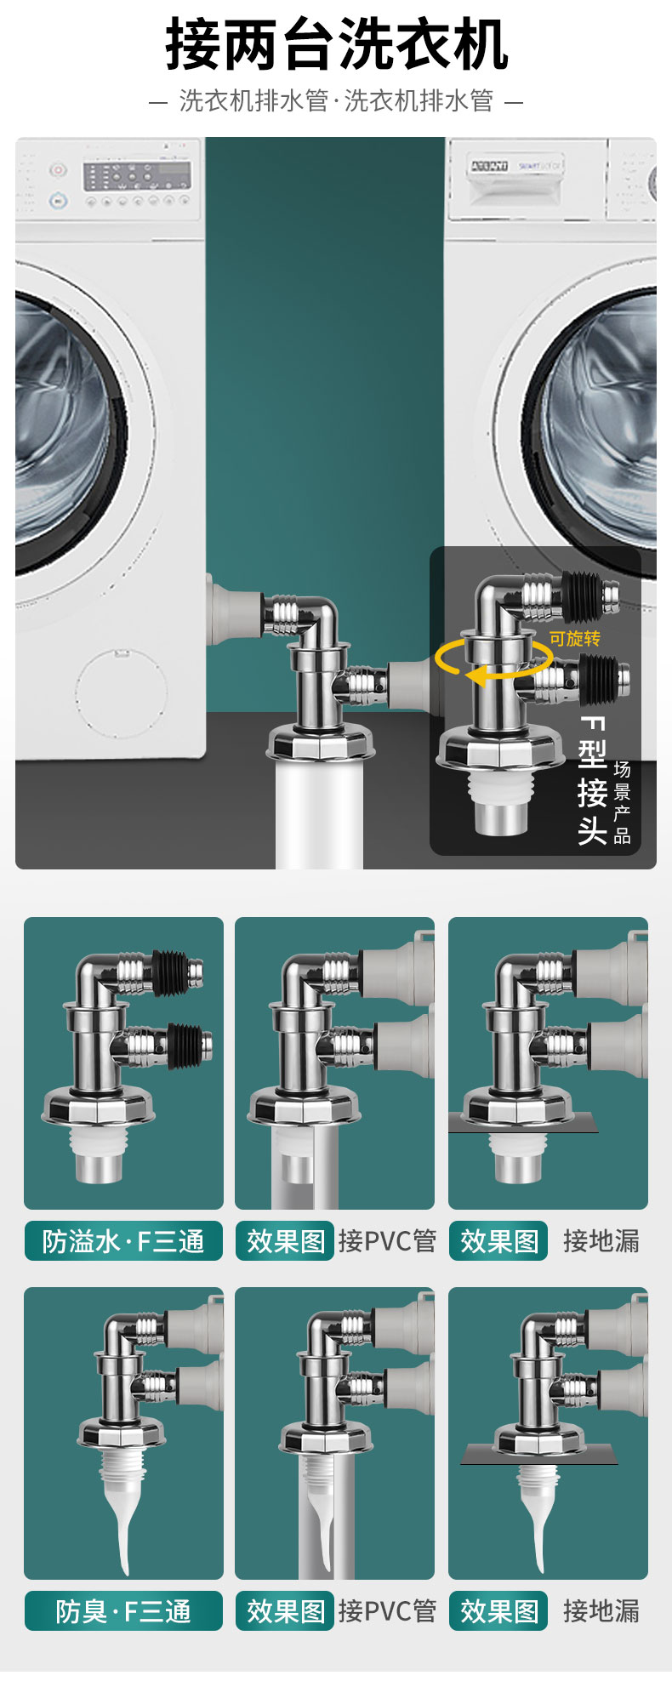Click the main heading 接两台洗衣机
click(x=337, y=44)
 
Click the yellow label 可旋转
click(x=575, y=638)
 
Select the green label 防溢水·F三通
click(x=123, y=1241)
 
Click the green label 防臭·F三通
click(x=123, y=1611)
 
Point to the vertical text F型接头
click(x=592, y=780)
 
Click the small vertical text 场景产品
click(x=623, y=802)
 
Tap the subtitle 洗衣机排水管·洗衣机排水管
click(x=336, y=101)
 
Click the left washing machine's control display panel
click(x=137, y=176)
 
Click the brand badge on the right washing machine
click(x=489, y=166)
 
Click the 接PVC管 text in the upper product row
click(x=387, y=1241)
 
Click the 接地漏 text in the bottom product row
click(x=601, y=1611)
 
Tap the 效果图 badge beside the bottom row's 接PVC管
click(x=285, y=1611)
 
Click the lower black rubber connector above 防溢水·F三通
click(x=185, y=1045)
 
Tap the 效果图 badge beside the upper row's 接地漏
click(x=498, y=1241)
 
